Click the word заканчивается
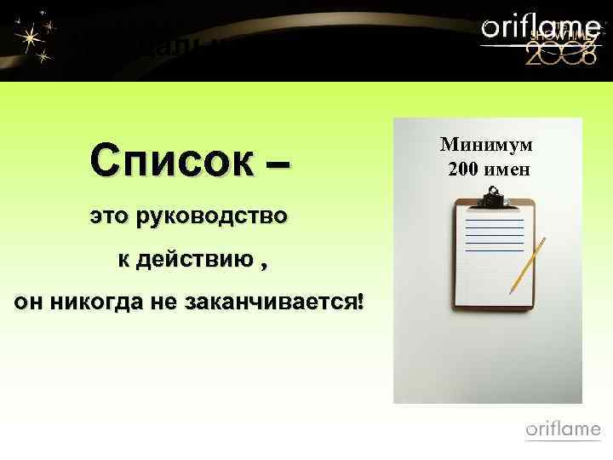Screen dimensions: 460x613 [x=275, y=302]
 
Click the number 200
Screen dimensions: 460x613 [x=466, y=169]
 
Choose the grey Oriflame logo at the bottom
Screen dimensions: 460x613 [x=563, y=430]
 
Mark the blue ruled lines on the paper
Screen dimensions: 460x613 [x=495, y=233]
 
